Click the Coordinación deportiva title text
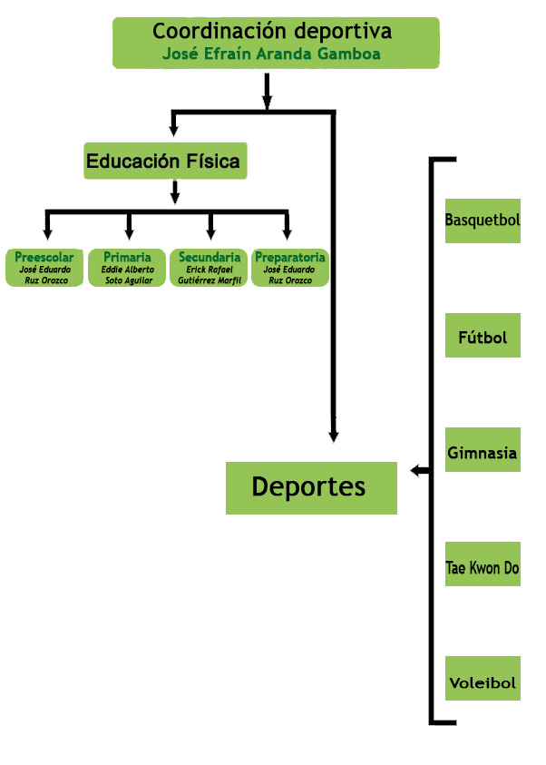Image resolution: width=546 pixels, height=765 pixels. click(272, 32)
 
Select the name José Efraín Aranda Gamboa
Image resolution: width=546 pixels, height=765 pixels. click(271, 54)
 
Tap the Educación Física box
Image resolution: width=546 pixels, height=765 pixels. click(164, 162)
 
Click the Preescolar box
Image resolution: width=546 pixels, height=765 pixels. click(44, 268)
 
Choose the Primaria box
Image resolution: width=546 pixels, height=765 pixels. click(128, 268)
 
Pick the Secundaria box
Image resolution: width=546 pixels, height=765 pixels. click(210, 268)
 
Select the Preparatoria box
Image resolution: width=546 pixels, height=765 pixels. click(290, 268)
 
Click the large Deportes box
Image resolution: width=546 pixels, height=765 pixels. click(310, 487)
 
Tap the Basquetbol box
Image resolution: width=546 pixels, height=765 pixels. click(483, 221)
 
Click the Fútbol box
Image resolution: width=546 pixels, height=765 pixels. click(483, 338)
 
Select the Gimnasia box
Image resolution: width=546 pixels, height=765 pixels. click(483, 453)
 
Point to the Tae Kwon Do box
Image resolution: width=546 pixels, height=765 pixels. click(483, 568)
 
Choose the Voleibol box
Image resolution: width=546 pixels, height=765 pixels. click(483, 682)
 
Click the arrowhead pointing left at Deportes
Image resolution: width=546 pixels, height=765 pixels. click(416, 470)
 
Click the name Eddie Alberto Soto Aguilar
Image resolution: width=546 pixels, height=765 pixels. click(128, 275)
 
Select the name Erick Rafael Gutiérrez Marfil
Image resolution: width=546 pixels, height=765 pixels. click(210, 275)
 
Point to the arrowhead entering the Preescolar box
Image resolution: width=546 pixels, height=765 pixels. click(47, 234)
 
